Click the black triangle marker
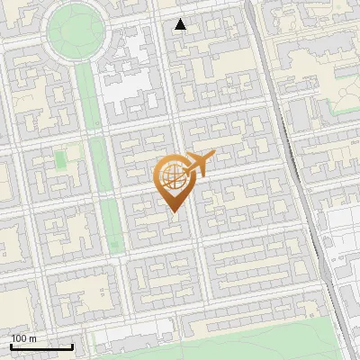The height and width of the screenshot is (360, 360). (x=181, y=24)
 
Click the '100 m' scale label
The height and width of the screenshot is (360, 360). (x=23, y=337)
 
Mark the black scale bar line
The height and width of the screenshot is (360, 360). (x=41, y=346)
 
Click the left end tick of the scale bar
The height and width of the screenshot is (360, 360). (x=11, y=346)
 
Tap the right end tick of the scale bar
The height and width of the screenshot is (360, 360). (x=72, y=346)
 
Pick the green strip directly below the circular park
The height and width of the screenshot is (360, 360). (x=88, y=99)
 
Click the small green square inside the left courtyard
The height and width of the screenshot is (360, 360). (x=60, y=159)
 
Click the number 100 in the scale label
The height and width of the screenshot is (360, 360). (x=19, y=337)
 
